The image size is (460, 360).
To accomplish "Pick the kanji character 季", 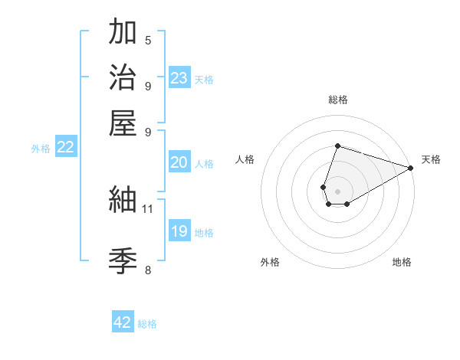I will click(123, 260).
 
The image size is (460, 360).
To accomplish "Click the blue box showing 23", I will click(179, 78).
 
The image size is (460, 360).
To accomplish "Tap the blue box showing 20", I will click(179, 162).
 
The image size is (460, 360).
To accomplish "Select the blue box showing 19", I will click(179, 231).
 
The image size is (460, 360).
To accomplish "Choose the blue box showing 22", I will click(65, 148).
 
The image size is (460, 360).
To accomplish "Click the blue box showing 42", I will click(123, 322).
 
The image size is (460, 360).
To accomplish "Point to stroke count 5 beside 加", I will click(148, 40).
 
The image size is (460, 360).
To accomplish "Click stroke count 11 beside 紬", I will click(148, 208).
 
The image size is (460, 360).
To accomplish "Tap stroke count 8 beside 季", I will click(148, 269).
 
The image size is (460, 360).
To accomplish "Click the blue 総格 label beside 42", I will click(147, 324).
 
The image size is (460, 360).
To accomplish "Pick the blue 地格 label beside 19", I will click(204, 233).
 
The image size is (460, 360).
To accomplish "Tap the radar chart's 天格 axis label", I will click(431, 159).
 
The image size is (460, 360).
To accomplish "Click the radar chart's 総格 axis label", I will click(337, 100).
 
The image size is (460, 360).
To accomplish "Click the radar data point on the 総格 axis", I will click(337, 146).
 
